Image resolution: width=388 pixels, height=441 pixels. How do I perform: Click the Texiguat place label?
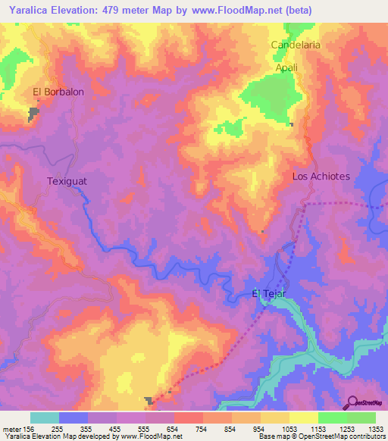click(69, 181)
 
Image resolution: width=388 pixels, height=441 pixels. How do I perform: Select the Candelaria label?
click(296, 45)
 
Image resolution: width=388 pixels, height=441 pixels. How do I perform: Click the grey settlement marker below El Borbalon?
click(34, 114)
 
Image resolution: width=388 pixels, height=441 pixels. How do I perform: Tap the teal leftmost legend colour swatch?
click(45, 418)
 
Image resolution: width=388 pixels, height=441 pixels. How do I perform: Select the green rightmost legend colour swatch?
click(361, 418)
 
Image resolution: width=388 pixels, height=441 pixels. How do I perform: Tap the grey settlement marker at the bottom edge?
click(150, 400)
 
